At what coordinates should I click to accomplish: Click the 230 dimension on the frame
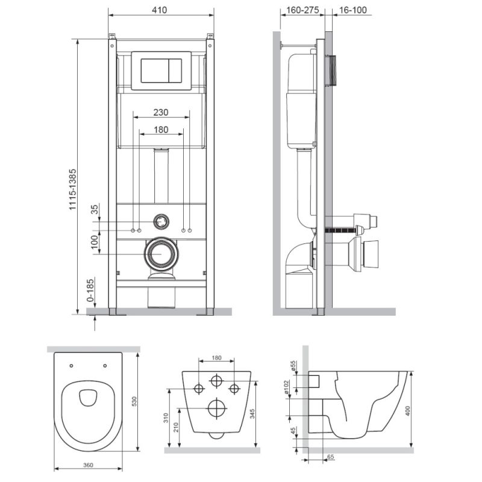(x=160, y=112)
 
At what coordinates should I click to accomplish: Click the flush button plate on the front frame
(x=161, y=70)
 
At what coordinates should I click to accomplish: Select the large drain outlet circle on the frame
(x=161, y=254)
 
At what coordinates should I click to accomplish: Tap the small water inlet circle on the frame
(x=161, y=221)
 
